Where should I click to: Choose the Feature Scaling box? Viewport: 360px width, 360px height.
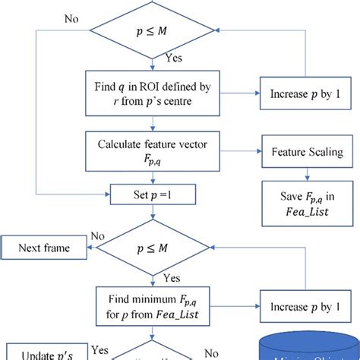tap(307, 152)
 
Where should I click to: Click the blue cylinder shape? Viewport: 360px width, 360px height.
tap(308, 346)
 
